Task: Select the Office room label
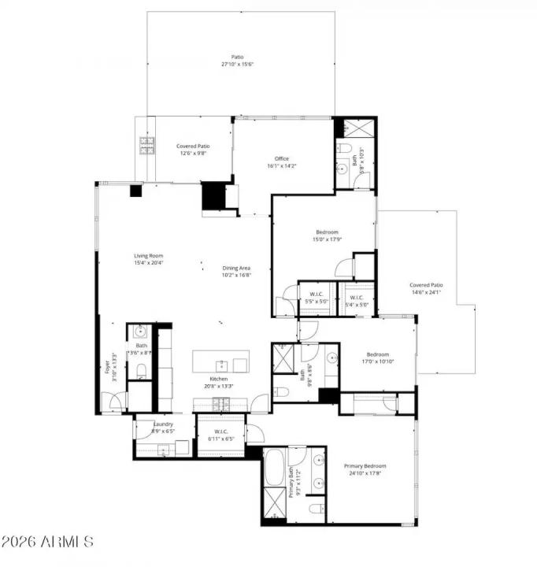(281, 162)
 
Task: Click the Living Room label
(148, 259)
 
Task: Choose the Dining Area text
(235, 272)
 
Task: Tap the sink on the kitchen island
(223, 365)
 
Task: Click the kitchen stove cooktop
(222, 405)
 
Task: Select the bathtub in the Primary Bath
(275, 469)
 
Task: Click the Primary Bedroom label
(365, 469)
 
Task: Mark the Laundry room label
(163, 428)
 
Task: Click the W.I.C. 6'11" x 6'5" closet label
(221, 434)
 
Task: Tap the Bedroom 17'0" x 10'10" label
(377, 358)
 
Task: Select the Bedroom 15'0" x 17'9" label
(327, 235)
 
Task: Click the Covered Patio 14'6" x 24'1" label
(426, 288)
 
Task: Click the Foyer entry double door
(113, 402)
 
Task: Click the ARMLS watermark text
(47, 543)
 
